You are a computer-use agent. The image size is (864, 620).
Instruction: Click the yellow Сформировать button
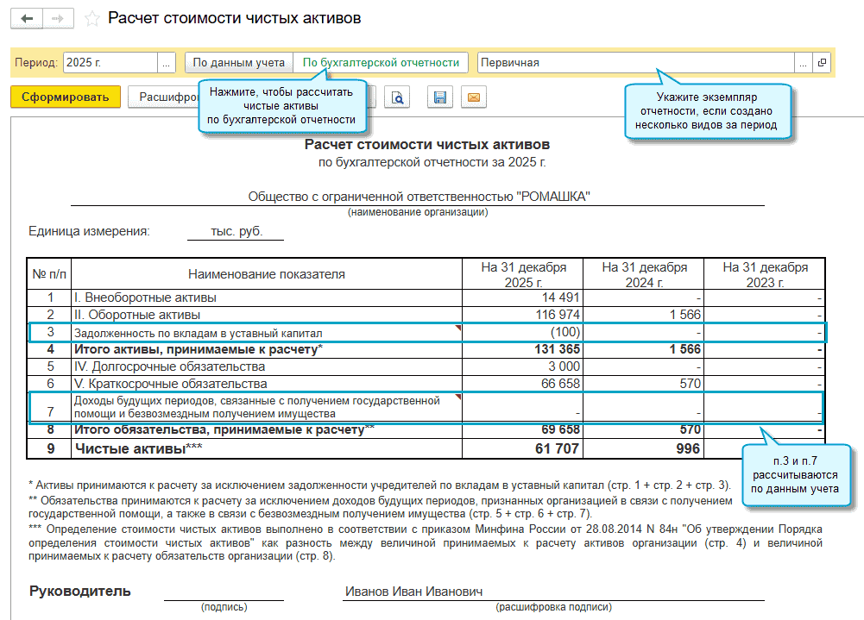(x=66, y=97)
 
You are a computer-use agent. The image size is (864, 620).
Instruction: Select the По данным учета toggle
(x=238, y=62)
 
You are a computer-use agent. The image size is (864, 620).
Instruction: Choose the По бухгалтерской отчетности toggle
(x=381, y=62)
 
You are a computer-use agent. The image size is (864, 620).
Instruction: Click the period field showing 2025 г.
(x=110, y=62)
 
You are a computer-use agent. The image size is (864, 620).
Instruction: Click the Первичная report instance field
(x=634, y=62)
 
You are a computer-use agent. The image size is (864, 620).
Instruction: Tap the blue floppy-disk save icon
(x=440, y=97)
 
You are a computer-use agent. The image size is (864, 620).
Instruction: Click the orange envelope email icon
(x=473, y=97)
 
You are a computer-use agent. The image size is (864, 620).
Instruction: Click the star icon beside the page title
(x=92, y=18)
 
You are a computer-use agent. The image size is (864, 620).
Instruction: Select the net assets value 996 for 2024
(x=687, y=448)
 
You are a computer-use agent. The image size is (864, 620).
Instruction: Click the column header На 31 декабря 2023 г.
(x=765, y=274)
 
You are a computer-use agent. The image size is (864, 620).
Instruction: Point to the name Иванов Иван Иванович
(x=413, y=592)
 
